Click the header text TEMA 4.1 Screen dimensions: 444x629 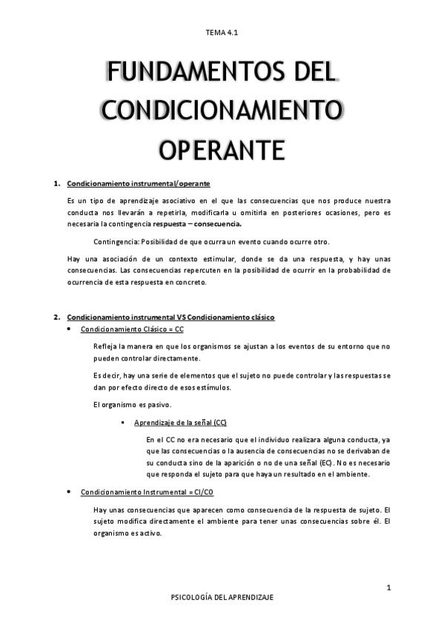click(222, 33)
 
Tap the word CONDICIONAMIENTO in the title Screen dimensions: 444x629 click(222, 111)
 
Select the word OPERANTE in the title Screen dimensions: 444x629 click(222, 147)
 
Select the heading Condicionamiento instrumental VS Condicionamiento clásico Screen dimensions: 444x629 click(170, 317)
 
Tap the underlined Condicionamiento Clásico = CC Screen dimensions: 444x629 click(132, 329)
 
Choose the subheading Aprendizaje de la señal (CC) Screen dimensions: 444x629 click(181, 423)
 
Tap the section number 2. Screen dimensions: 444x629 click(56, 317)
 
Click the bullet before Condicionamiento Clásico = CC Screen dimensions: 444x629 click(69, 329)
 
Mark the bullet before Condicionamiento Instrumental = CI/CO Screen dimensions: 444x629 click(69, 492)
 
